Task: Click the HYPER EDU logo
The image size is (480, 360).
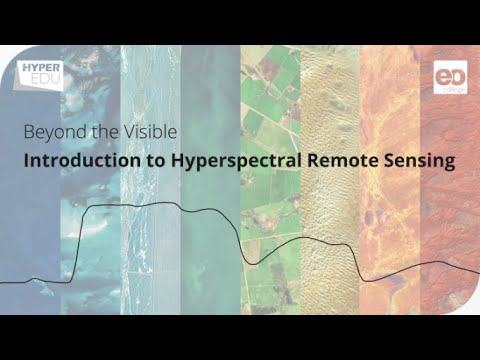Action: pyautogui.click(x=41, y=76)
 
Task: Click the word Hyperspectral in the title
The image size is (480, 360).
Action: pyautogui.click(x=222, y=160)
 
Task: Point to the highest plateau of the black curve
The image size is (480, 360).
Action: pyautogui.click(x=140, y=206)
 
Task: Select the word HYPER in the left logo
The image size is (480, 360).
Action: pyautogui.click(x=41, y=69)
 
